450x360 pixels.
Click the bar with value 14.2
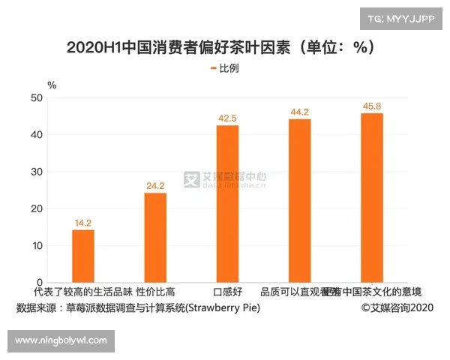pyautogui.click(x=83, y=256)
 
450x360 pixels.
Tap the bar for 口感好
pyautogui.click(x=227, y=204)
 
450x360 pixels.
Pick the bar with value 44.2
pyautogui.click(x=299, y=201)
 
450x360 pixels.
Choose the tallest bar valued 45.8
pyautogui.click(x=371, y=198)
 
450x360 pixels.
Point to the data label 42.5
pyautogui.click(x=227, y=118)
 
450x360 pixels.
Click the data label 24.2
pyautogui.click(x=155, y=185)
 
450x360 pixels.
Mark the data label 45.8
pyautogui.click(x=371, y=106)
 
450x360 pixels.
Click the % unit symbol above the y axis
pyautogui.click(x=52, y=85)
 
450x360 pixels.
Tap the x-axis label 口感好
pyautogui.click(x=227, y=292)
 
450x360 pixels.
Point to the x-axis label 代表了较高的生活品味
pyautogui.click(x=83, y=292)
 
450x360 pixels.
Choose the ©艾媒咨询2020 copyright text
pyautogui.click(x=397, y=308)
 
